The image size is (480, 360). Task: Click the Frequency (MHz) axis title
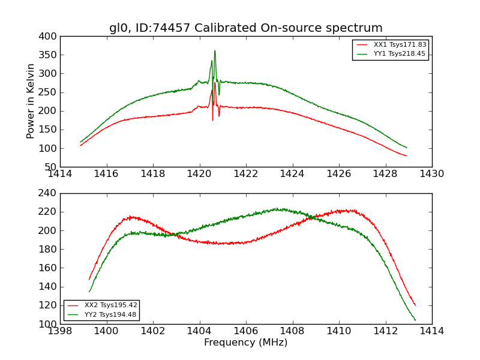click(x=245, y=343)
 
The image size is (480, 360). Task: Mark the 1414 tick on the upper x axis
click(x=61, y=173)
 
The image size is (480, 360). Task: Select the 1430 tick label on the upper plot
click(x=431, y=173)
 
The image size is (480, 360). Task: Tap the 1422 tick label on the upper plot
click(x=246, y=173)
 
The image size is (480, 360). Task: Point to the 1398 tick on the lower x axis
click(x=61, y=331)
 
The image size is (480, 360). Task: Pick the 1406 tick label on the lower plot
click(x=246, y=331)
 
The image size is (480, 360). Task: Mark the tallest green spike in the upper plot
click(x=215, y=51)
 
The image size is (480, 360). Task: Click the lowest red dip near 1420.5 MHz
click(x=212, y=120)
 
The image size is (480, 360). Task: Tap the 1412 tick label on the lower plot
click(x=385, y=331)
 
